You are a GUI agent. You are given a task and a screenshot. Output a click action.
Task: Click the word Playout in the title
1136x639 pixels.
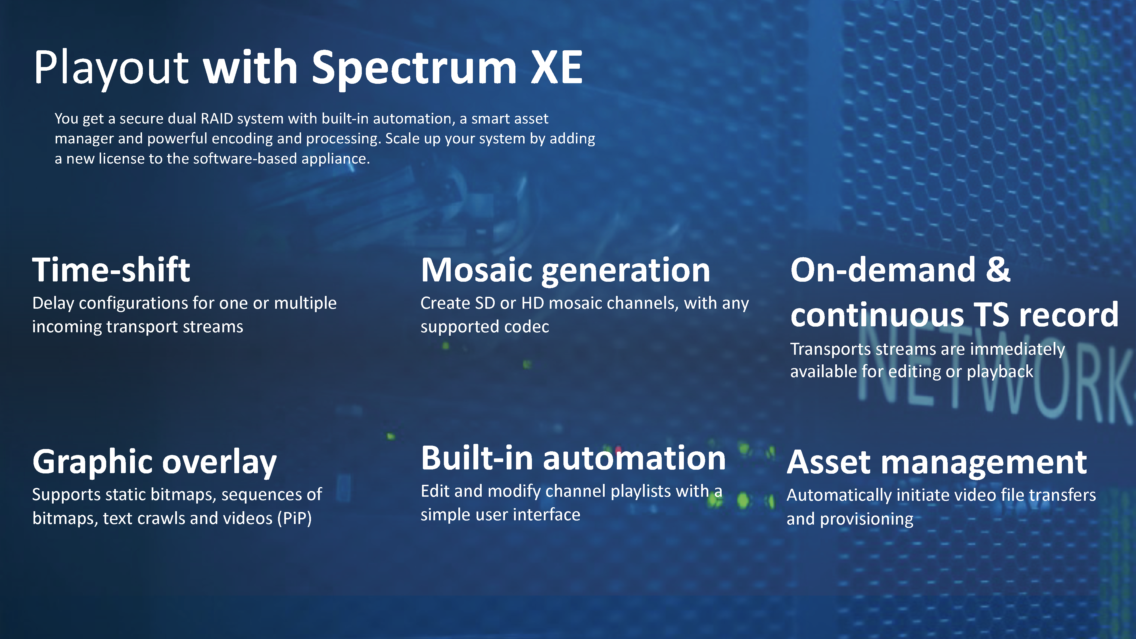(111, 68)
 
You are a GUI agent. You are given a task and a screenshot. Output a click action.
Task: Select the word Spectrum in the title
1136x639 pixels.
(414, 68)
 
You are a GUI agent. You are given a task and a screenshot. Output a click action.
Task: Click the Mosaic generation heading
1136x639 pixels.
(565, 270)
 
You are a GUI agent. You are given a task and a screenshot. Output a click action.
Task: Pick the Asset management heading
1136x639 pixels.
(937, 463)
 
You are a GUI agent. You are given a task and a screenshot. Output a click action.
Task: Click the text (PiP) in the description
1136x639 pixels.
(295, 518)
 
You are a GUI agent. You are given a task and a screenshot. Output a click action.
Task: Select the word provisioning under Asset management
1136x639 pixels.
(866, 519)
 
